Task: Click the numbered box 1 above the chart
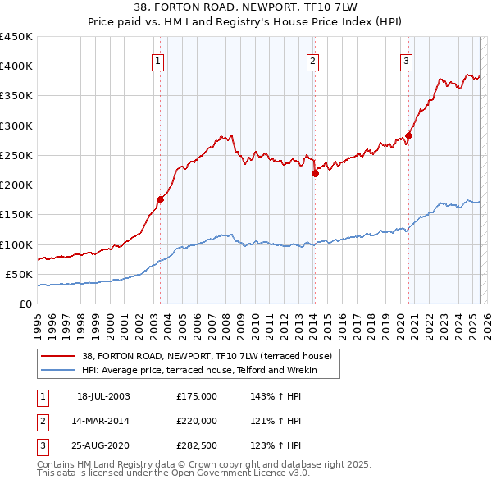click(157, 60)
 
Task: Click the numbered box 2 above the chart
click(312, 60)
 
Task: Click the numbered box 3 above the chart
click(406, 60)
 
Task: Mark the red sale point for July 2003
click(161, 199)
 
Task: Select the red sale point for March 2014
click(315, 172)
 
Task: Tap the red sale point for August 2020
click(408, 135)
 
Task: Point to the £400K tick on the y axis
click(16, 66)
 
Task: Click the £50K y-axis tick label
click(20, 274)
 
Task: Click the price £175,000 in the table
click(197, 396)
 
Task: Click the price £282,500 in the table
click(197, 445)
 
